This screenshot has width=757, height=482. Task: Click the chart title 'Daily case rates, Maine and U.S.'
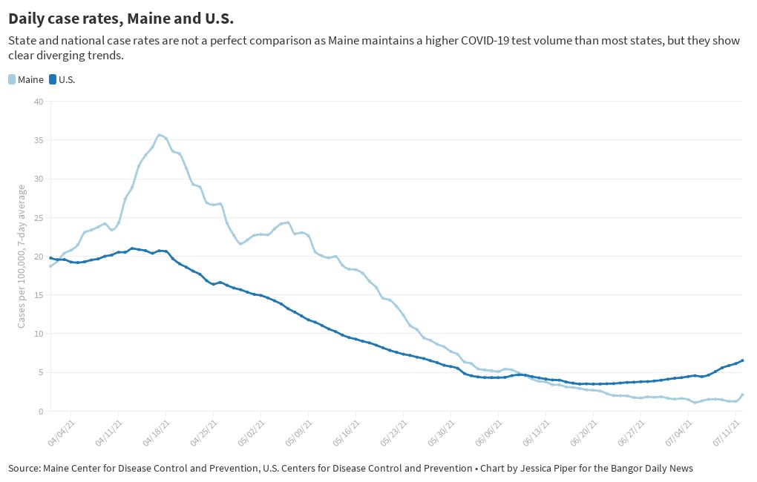(x=121, y=17)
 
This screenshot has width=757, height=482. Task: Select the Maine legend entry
(x=26, y=79)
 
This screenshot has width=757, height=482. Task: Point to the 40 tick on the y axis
(x=39, y=102)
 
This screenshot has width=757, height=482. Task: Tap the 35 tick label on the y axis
(x=39, y=140)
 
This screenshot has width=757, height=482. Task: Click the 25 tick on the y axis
(x=39, y=217)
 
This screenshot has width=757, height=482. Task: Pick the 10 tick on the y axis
(x=39, y=334)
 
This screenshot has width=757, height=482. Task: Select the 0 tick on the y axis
(x=41, y=411)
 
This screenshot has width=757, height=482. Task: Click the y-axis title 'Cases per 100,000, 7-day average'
(x=22, y=256)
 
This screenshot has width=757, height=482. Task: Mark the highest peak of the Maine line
(x=159, y=135)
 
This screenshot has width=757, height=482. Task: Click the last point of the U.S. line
(x=742, y=360)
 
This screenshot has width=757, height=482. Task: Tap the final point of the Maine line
(x=742, y=394)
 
